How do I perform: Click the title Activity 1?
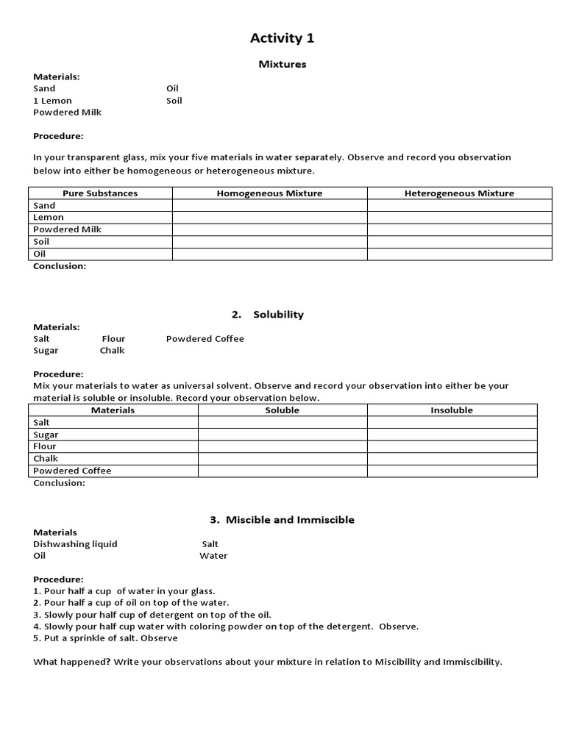tap(282, 38)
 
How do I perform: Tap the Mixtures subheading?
tap(282, 64)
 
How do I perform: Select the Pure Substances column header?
tap(100, 193)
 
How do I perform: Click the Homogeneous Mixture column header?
tap(269, 193)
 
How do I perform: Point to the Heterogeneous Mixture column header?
tap(459, 193)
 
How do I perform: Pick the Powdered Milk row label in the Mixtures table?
tap(67, 229)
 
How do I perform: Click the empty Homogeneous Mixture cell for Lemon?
tap(269, 218)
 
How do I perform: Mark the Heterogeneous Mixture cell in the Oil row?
tap(459, 254)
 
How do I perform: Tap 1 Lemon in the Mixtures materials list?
tap(52, 101)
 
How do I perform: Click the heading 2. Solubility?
tap(268, 315)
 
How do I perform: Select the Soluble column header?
tap(282, 410)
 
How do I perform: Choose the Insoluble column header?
tap(452, 410)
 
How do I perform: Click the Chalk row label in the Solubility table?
tap(46, 459)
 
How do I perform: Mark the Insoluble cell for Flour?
tap(452, 446)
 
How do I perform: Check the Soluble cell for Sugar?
tap(282, 435)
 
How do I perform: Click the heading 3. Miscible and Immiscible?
tap(282, 520)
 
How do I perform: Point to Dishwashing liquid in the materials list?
tap(75, 544)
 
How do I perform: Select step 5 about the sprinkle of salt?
tap(105, 638)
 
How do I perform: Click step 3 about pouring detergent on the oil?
tap(152, 615)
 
